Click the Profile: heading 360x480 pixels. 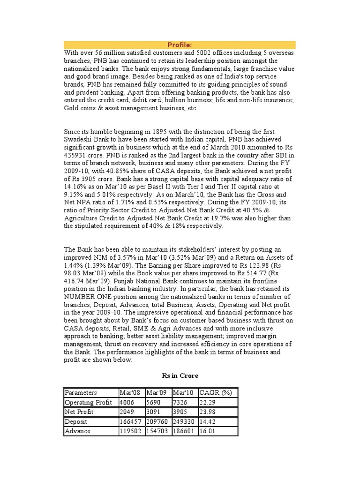[180, 45]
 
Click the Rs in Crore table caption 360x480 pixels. [180, 376]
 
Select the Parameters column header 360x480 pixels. [81, 393]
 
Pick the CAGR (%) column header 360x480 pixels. [216, 393]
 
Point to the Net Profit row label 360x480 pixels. [79, 412]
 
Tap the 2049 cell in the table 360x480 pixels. [127, 412]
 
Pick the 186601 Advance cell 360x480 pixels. [184, 431]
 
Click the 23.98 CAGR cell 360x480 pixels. [208, 412]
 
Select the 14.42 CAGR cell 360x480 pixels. [208, 421]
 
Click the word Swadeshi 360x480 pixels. [78, 139]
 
